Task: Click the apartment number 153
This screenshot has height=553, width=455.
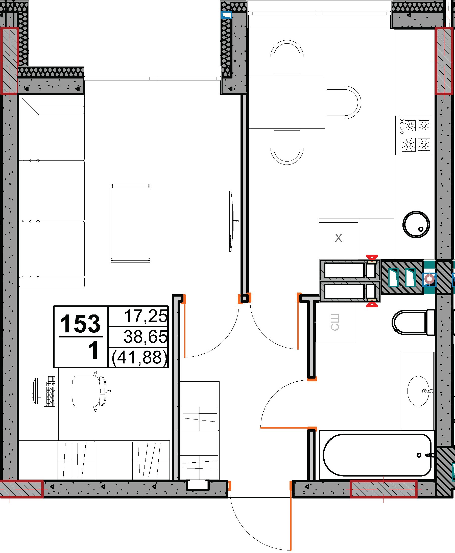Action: click(x=80, y=324)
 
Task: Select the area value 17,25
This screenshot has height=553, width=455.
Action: click(x=146, y=316)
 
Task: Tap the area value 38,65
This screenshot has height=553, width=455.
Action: click(x=146, y=337)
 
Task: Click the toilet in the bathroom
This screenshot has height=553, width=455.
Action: click(x=413, y=323)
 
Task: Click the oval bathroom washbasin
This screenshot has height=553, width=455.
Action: click(x=419, y=391)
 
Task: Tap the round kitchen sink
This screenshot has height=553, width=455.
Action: click(x=416, y=224)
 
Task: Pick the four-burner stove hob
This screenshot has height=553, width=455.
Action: click(x=415, y=135)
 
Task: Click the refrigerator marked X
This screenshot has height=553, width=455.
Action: click(x=338, y=238)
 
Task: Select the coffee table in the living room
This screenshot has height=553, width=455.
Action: click(x=130, y=223)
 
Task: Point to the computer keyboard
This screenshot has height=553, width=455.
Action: click(x=50, y=391)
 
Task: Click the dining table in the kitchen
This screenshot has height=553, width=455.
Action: click(x=287, y=102)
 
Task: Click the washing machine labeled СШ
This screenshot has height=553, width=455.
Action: click(x=335, y=322)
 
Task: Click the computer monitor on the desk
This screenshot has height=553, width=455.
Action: click(x=35, y=391)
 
